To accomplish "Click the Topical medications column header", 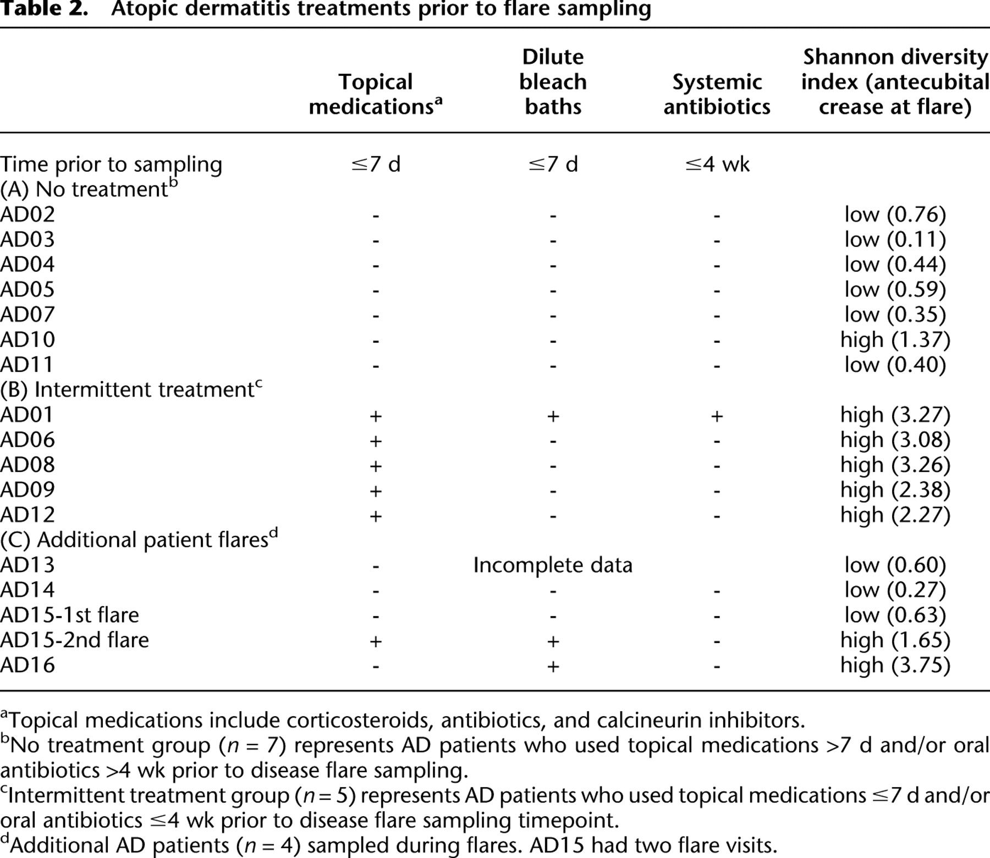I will pos(376,94).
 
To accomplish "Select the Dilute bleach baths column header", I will pos(553,81).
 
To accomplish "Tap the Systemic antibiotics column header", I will pos(717,94).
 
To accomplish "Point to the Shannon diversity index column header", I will pos(895,81).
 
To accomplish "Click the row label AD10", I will pos(28,339).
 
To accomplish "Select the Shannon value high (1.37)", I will pos(895,339).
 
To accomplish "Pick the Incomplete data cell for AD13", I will pos(553,565).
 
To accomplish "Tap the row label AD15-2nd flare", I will pos(74,640).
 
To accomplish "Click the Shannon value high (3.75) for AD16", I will pos(895,665).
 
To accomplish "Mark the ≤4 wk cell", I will pos(717,164).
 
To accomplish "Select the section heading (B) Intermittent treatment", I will pos(131,389).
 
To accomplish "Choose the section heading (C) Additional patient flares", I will pos(139,540).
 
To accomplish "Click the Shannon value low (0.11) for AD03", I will pos(895,239).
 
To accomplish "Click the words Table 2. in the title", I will pos(44,9).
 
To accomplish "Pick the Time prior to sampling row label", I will pos(111,164).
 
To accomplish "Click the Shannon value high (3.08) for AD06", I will pos(895,439).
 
